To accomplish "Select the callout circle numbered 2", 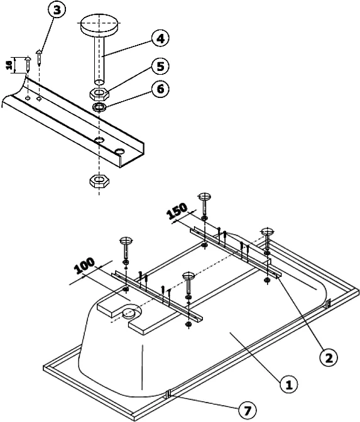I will click(x=327, y=357).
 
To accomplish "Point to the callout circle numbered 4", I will click(x=161, y=38).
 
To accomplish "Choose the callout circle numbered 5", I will click(x=161, y=65).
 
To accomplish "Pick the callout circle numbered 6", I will click(x=161, y=89).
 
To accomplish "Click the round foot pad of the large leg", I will click(x=99, y=27).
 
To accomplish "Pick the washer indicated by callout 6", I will click(x=99, y=107).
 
